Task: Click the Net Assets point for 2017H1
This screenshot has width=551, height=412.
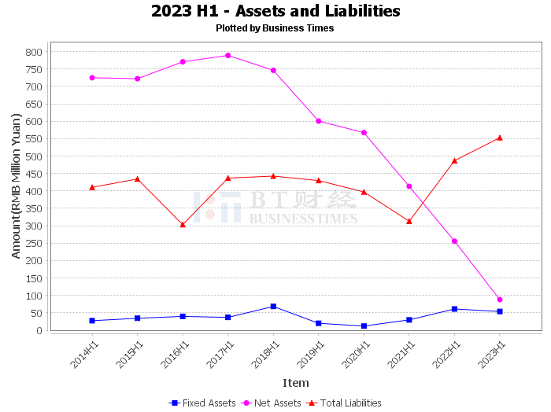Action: [228, 56]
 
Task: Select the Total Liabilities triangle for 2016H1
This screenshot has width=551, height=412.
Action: [183, 225]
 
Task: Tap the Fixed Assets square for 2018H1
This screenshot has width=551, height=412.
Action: [273, 307]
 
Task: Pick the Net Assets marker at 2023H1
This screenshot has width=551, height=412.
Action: [500, 300]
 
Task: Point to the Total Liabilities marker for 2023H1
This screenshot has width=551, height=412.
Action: [500, 138]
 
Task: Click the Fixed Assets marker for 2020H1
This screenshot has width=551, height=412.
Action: [364, 326]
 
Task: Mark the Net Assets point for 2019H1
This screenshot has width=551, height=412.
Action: [319, 121]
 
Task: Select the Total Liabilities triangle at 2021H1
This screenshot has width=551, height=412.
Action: [409, 221]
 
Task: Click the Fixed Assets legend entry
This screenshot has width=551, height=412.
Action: [202, 403]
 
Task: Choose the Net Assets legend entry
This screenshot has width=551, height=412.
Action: [271, 403]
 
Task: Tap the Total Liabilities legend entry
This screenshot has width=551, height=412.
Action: [344, 403]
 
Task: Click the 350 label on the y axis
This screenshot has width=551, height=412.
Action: [34, 209]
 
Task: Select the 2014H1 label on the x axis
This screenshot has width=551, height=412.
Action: [84, 355]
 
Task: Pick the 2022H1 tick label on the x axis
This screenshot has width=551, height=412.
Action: [446, 355]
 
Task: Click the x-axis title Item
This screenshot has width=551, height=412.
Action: [296, 383]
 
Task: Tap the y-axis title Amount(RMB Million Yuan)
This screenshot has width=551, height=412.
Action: [17, 186]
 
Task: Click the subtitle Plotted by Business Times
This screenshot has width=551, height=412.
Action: [275, 28]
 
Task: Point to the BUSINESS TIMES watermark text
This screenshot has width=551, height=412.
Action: [304, 219]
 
